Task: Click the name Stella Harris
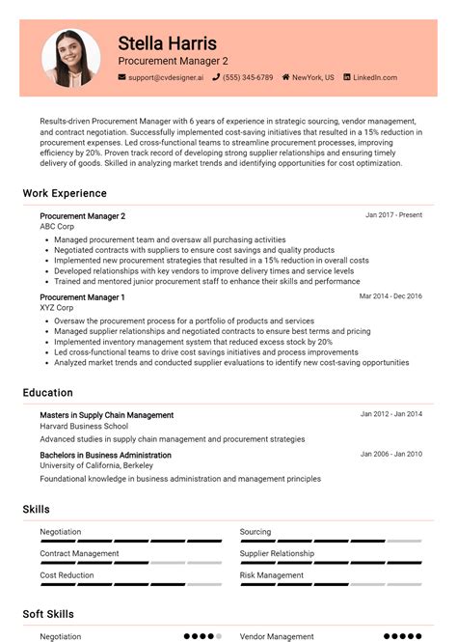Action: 167,43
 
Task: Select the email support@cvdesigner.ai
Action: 166,77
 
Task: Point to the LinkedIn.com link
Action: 375,77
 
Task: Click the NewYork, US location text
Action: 312,77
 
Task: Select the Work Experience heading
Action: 65,193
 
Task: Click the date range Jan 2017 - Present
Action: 393,215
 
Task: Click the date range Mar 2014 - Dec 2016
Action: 390,296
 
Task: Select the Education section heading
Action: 48,393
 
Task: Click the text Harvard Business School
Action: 84,426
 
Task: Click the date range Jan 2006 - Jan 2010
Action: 390,454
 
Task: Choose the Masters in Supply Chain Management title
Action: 107,415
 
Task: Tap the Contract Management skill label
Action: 79,553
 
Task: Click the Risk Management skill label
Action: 272,575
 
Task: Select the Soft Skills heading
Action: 48,614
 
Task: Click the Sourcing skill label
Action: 255,532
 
